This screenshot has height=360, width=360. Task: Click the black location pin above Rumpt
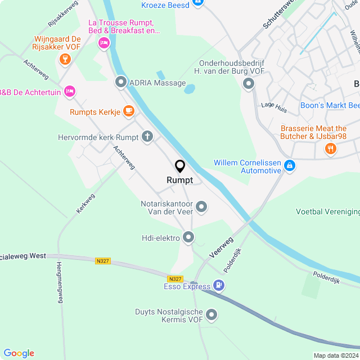tap(180, 166)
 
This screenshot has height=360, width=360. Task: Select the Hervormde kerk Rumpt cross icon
tap(147, 136)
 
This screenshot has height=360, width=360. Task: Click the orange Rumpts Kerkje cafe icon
tap(129, 111)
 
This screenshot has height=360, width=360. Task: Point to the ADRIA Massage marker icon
tap(120, 83)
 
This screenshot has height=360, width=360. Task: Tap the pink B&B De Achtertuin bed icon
tap(69, 90)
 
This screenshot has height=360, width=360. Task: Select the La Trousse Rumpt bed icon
tap(103, 43)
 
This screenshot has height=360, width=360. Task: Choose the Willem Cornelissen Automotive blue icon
tap(290, 165)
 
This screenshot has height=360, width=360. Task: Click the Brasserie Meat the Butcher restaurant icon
tap(330, 148)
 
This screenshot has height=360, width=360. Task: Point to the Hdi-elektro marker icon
tap(188, 237)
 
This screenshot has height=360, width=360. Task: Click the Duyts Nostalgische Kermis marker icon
tap(212, 314)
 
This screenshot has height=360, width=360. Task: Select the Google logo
tap(19, 353)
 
